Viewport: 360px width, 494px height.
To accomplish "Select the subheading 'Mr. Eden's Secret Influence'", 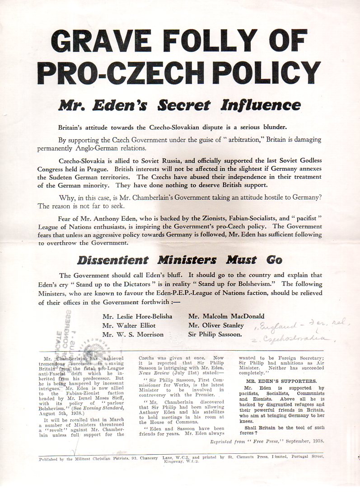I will [179, 105].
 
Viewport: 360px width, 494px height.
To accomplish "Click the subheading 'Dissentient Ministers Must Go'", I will [180, 260].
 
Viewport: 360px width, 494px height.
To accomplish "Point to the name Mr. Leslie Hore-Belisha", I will [137, 316].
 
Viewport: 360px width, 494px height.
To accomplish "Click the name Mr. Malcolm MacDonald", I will [226, 316].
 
